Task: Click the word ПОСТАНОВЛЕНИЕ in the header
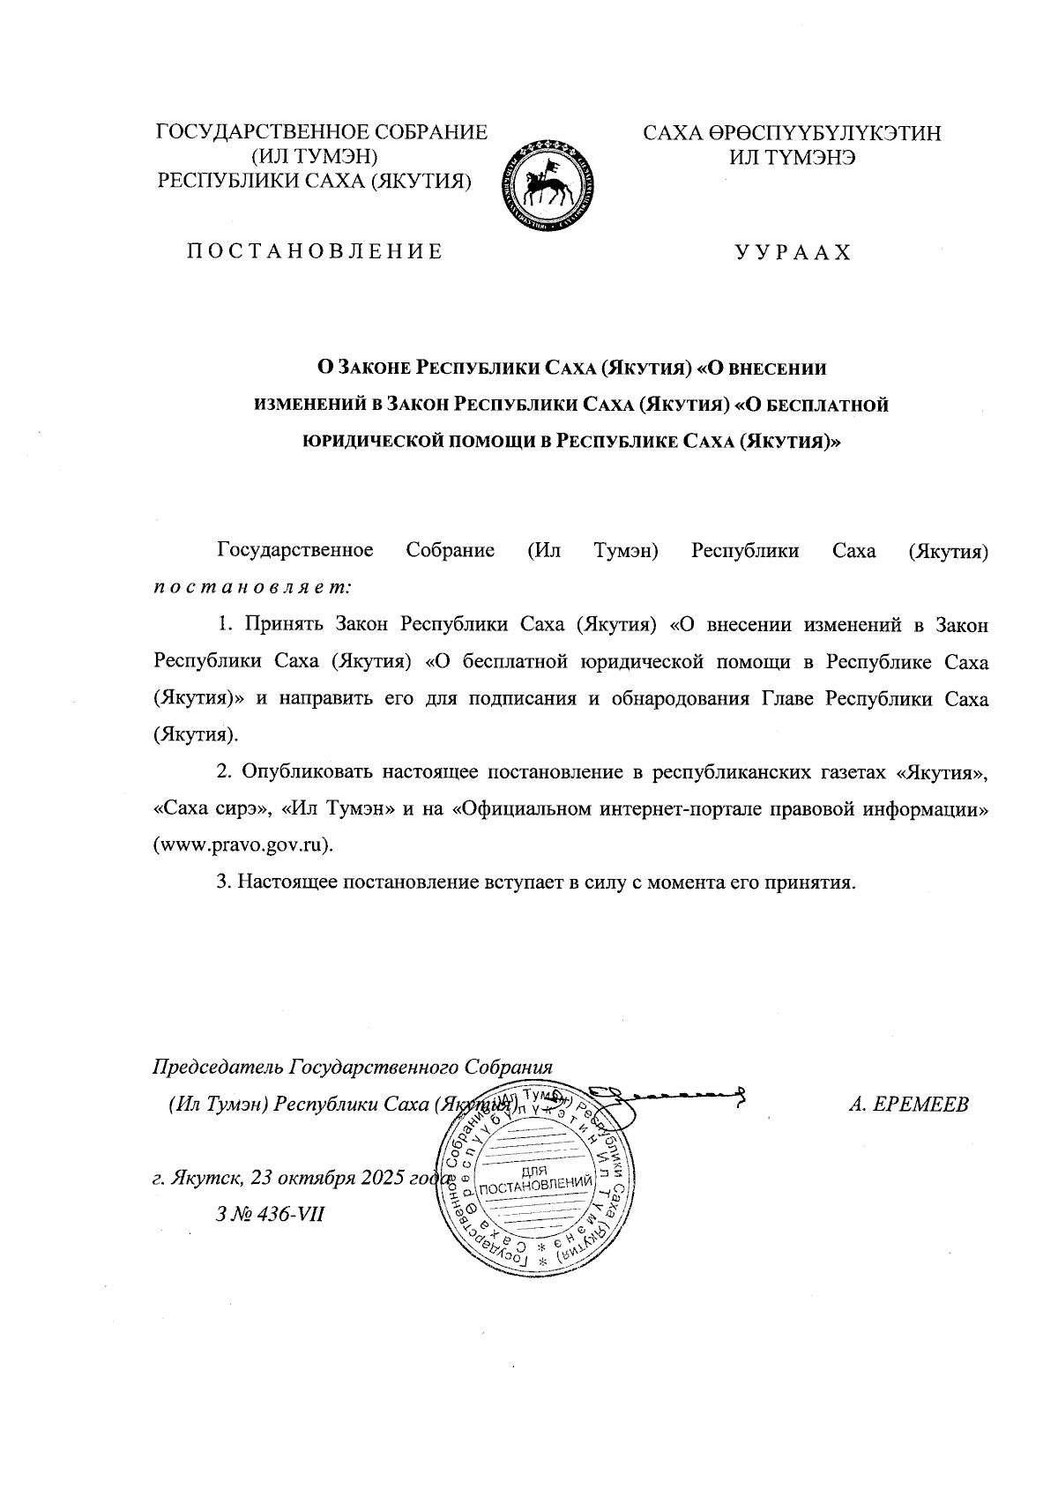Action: [313, 252]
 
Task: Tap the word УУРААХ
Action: [793, 253]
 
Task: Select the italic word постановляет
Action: [253, 584]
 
